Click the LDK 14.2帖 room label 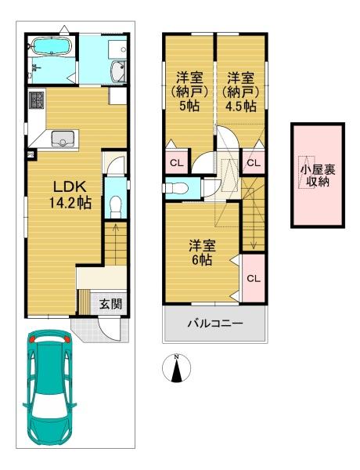coord(70,195)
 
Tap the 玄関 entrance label coord(111,304)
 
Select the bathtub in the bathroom coord(52,46)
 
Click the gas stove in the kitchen coord(36,100)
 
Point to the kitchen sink coord(63,139)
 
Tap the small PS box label coord(31,154)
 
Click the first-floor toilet coord(115,207)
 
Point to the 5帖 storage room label coord(189,92)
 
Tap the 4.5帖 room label coord(241,92)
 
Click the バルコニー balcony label coord(215,324)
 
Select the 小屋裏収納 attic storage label coord(318,175)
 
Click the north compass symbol coord(177,367)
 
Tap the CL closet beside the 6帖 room coord(254,278)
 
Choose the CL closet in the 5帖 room coord(177,163)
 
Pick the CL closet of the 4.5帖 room coord(254,163)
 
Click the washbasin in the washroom coord(119,71)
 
